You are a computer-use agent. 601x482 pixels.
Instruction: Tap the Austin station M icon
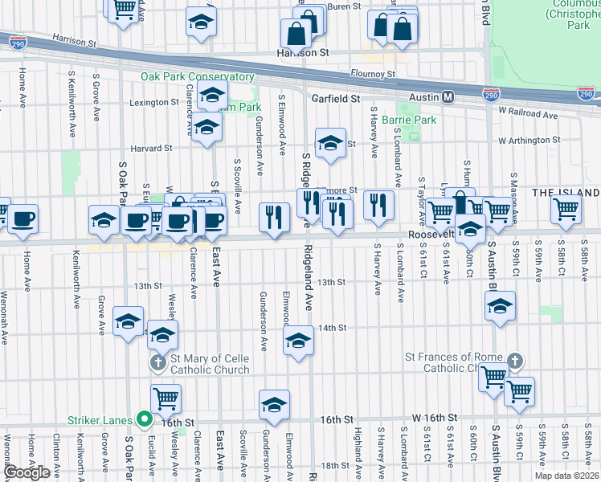click(448, 97)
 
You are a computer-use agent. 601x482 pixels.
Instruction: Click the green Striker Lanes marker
click(145, 419)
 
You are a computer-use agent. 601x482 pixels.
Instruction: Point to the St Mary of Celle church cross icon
click(157, 363)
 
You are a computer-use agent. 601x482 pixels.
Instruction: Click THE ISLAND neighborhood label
click(566, 193)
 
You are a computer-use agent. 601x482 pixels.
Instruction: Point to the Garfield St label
click(335, 98)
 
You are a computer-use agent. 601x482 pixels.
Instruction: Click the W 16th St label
click(434, 419)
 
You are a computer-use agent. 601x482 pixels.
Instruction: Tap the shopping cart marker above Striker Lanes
click(166, 396)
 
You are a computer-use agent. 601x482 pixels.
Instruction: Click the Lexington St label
click(153, 102)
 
